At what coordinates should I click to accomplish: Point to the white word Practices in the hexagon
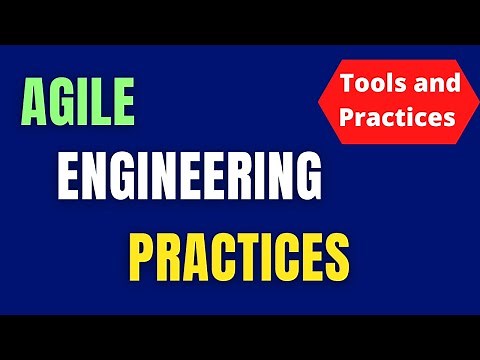[x=397, y=117]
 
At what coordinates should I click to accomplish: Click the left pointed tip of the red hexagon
[x=318, y=100]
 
